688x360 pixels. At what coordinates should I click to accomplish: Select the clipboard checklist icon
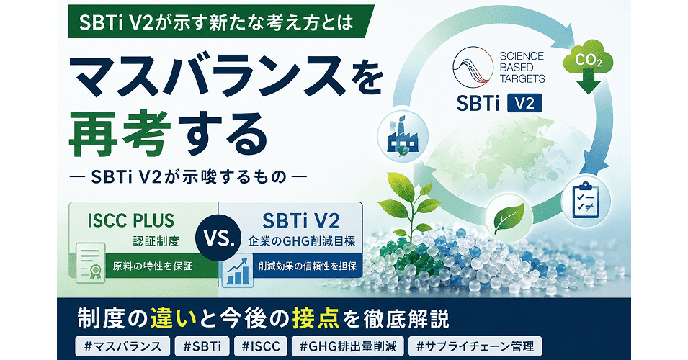coord(586,200)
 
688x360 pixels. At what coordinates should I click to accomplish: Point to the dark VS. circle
coord(218,240)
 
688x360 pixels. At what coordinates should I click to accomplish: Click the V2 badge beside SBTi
coord(524,104)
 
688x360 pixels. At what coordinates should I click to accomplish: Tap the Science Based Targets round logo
coord(473,67)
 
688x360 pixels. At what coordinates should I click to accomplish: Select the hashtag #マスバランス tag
coord(122,346)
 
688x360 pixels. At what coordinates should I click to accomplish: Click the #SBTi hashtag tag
coord(202,346)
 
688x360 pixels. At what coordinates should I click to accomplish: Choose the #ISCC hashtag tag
coord(261,346)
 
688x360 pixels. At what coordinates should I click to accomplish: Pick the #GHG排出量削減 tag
coord(348,346)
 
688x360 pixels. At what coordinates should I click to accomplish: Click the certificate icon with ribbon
coord(90,263)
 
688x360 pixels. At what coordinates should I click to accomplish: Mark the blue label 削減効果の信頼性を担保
coord(308,266)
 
